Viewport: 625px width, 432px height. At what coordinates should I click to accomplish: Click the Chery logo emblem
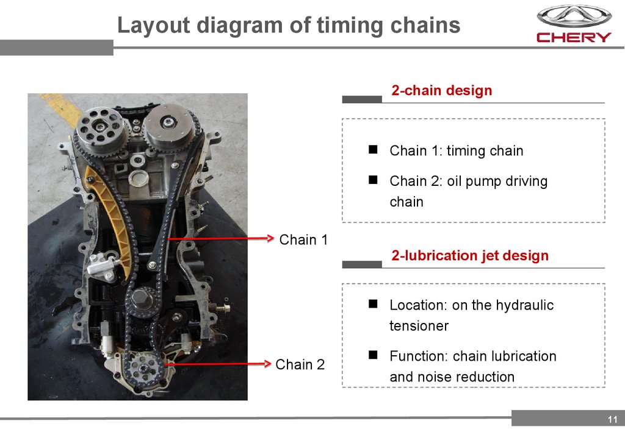tap(574, 16)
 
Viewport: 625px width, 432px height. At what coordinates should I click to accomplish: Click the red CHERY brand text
tap(574, 37)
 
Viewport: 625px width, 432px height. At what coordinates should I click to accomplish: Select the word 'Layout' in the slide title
tap(153, 25)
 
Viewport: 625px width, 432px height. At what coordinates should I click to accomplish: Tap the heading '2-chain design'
tap(442, 90)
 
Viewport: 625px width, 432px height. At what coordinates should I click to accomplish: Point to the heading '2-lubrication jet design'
tap(470, 255)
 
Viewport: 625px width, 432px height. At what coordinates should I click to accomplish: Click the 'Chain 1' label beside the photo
tap(303, 239)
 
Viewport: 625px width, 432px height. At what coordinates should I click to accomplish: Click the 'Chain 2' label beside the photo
tap(300, 364)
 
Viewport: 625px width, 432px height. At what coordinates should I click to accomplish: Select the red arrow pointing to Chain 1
tap(221, 239)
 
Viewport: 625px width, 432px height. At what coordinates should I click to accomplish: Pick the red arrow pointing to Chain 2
tap(218, 364)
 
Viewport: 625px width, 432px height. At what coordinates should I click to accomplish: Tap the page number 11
tap(613, 419)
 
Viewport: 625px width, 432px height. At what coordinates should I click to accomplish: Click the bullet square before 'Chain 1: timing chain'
tap(373, 149)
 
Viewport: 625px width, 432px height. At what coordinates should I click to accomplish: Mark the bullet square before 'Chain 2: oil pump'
tap(373, 180)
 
